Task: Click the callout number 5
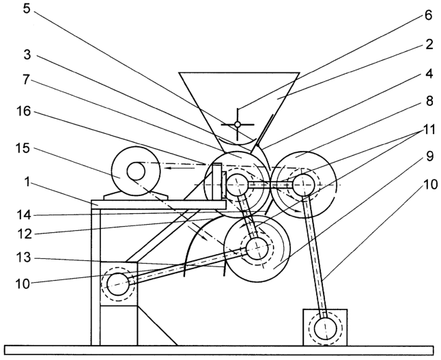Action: [26, 9]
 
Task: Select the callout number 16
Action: [23, 111]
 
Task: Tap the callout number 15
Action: [23, 148]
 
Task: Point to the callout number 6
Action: [428, 16]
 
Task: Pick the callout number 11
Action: [428, 130]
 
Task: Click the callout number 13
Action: [23, 257]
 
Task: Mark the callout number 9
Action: [429, 156]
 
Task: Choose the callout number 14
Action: [23, 215]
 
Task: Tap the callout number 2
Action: [429, 45]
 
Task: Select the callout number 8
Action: [429, 101]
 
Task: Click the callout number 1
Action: [27, 182]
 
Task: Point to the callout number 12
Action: [24, 234]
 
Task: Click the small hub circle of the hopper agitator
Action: [238, 124]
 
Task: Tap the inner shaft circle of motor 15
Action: [136, 171]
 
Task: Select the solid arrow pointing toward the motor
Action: [180, 168]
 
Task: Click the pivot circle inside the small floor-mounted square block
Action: [326, 329]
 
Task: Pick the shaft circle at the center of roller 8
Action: [303, 184]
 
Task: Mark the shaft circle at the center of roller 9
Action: [257, 249]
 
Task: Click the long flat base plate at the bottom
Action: [219, 350]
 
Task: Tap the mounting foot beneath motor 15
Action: [136, 196]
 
